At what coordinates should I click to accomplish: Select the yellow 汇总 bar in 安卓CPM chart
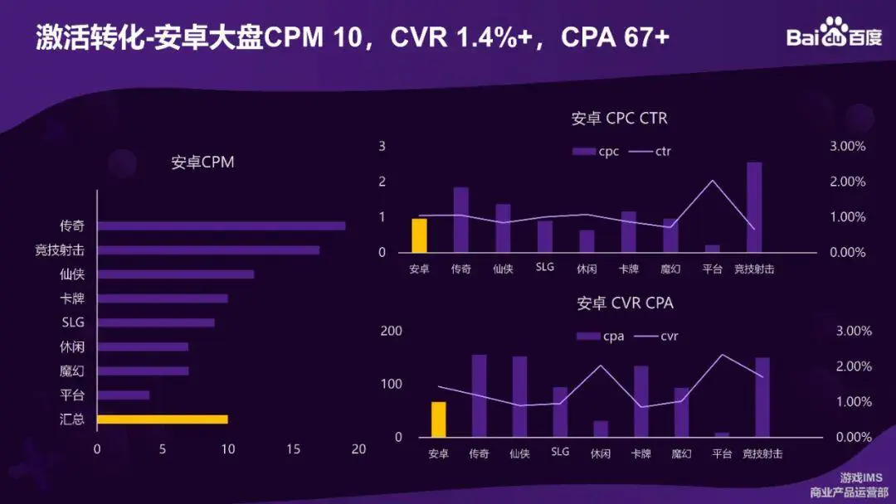point(162,419)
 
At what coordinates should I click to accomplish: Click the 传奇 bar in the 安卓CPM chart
point(221,225)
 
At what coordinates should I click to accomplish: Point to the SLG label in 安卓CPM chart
point(73,322)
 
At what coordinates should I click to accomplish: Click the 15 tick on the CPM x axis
point(294,449)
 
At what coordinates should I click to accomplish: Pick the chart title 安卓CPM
point(202,162)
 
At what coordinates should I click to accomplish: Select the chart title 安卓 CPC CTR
point(619,119)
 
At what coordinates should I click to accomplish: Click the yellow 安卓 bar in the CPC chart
point(420,235)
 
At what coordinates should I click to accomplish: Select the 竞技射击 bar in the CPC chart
point(754,207)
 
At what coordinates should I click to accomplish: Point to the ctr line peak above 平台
point(712,181)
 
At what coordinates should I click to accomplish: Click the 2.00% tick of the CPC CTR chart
point(847,182)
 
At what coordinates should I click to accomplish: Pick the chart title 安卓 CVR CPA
point(625,303)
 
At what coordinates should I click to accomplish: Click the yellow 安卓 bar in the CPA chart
point(438,419)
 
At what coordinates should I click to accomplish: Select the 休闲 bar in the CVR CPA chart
point(601,429)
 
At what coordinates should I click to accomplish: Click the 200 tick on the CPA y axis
point(391,332)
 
